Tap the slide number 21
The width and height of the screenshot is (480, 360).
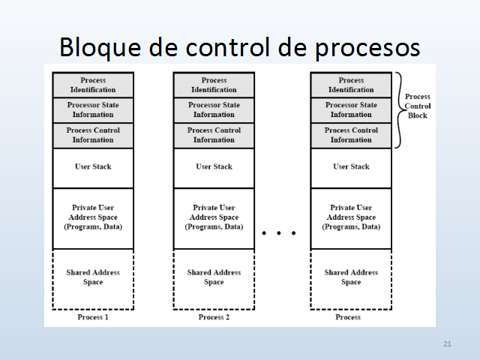coord(448,343)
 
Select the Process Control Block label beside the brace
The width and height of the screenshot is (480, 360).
coord(418,106)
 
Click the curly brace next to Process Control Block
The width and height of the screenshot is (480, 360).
coord(399,109)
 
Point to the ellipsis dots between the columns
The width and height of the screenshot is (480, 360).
coord(279,233)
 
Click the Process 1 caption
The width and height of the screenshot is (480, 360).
coord(93,317)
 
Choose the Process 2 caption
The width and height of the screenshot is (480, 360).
coord(214,317)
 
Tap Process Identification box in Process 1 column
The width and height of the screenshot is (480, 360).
coord(93,85)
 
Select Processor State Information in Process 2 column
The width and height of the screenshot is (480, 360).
coord(214,109)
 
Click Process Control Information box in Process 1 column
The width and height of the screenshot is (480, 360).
coord(93,135)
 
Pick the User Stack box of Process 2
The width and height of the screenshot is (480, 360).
coord(214,167)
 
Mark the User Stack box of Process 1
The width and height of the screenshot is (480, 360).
coord(93,167)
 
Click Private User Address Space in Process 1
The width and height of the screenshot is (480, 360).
coord(93,217)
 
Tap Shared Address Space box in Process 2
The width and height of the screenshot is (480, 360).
coord(214,277)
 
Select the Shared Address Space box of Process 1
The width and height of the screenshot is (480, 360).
coord(93,277)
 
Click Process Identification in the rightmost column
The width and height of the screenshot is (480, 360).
coord(351,85)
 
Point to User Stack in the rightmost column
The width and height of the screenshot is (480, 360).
coord(351,167)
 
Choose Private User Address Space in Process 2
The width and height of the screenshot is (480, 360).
coord(214,217)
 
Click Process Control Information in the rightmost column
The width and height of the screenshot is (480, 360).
coord(351,135)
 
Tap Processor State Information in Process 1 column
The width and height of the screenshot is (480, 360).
coord(93,109)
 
